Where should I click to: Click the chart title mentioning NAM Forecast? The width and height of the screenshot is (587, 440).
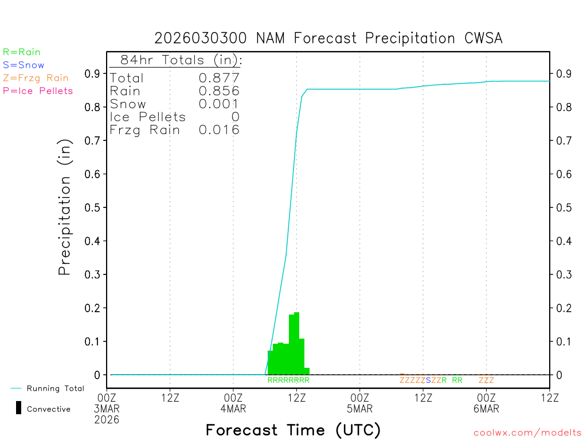[328, 38]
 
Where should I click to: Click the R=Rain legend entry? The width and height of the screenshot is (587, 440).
[22, 52]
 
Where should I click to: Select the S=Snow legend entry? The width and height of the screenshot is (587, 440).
[24, 65]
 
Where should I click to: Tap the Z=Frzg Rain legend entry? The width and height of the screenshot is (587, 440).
[36, 78]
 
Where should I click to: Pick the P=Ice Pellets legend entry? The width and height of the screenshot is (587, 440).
[38, 91]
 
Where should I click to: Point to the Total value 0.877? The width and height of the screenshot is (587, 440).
[219, 78]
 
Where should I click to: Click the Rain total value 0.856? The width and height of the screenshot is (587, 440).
[219, 91]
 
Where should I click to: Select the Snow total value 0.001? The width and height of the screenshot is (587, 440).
[219, 104]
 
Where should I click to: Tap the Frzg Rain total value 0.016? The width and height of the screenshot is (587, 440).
[219, 130]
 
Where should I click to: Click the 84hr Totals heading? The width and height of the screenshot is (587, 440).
[181, 60]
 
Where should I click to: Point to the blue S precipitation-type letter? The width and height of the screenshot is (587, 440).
[428, 380]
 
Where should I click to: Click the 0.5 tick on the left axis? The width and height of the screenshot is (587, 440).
[92, 207]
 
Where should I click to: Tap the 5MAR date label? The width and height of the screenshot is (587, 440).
[359, 409]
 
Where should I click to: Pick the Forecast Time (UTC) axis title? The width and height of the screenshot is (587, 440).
[293, 430]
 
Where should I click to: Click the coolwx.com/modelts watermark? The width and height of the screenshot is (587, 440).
[527, 433]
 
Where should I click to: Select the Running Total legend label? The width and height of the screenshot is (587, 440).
[55, 388]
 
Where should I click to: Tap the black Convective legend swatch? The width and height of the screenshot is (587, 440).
[18, 408]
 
